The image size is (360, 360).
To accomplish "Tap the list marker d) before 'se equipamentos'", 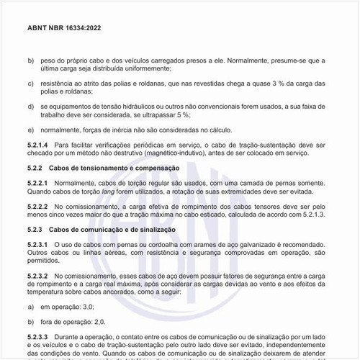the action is point(30,106).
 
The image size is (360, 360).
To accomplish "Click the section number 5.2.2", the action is point(37,168).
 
